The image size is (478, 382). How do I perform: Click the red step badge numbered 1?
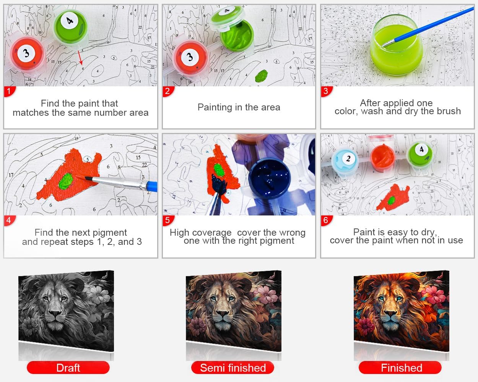point(9,91)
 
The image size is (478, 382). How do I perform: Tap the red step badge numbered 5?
point(168,220)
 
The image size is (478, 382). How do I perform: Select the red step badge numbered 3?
point(327,91)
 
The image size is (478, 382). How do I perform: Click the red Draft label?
point(68,367)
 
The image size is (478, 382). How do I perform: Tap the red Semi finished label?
point(233,367)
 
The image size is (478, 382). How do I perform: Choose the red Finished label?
point(400,367)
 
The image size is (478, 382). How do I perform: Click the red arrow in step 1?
point(80,58)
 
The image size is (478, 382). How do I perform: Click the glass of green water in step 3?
point(397,45)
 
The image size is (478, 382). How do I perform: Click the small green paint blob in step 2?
point(262,76)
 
